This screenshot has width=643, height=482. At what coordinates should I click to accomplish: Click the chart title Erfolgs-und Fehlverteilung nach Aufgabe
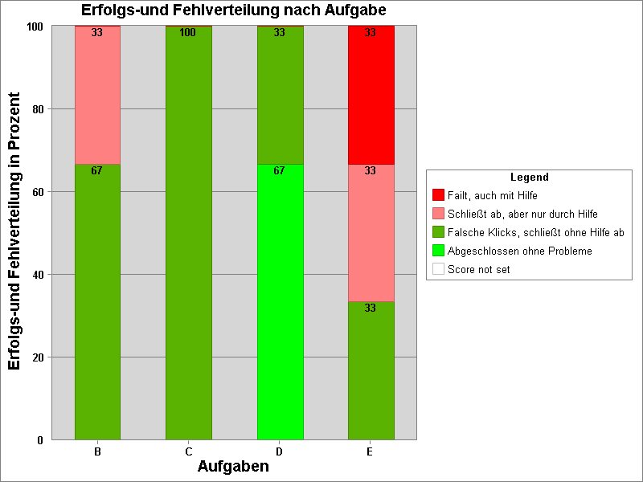(x=233, y=10)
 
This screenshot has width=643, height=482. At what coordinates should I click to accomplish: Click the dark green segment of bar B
(x=97, y=301)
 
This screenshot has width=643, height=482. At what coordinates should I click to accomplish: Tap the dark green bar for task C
(x=188, y=233)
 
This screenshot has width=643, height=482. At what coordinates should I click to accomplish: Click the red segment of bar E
(x=371, y=95)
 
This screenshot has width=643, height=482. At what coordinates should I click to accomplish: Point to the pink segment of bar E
(x=371, y=233)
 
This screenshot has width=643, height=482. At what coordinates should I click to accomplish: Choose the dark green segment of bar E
(x=371, y=370)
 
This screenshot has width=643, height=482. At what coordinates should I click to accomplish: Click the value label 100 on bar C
(x=188, y=33)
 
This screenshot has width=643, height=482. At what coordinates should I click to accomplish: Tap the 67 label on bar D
(x=280, y=170)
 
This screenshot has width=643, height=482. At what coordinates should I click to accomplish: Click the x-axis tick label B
(x=97, y=452)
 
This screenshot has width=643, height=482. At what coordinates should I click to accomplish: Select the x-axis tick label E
(x=370, y=452)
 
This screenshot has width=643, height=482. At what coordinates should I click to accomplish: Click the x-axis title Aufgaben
(x=233, y=467)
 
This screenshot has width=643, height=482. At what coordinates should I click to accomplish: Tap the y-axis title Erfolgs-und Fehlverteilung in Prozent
(x=14, y=233)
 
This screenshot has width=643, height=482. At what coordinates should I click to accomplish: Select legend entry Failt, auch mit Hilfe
(x=492, y=195)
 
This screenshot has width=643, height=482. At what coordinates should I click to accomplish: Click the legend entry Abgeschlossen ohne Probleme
(x=519, y=251)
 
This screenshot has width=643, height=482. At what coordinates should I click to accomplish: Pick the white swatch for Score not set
(x=438, y=269)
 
